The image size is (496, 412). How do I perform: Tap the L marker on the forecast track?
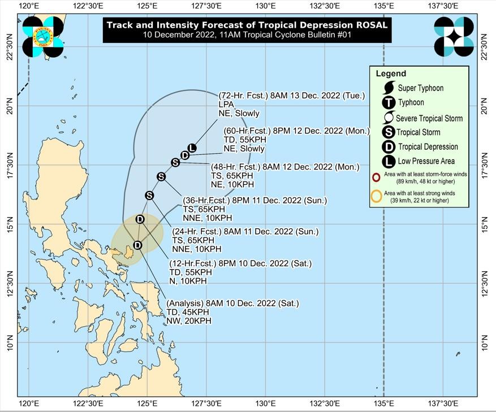click(192, 148)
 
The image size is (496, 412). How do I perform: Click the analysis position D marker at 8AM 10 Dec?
click(137, 245)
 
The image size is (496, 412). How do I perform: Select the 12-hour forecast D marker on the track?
click(140, 219)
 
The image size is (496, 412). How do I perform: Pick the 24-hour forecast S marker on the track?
click(149, 196)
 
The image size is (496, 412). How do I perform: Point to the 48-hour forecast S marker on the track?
click(175, 163)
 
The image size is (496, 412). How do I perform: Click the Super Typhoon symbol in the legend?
click(389, 88)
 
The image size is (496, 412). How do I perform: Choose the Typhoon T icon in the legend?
click(389, 103)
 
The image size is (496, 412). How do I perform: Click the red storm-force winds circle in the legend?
click(376, 177)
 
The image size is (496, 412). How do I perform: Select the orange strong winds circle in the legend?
click(376, 197)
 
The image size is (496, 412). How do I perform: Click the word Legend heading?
click(391, 73)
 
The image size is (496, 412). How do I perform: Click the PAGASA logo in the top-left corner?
click(43, 37)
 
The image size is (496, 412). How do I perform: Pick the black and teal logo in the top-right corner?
click(454, 37)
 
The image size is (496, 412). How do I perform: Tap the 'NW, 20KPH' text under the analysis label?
click(189, 321)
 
